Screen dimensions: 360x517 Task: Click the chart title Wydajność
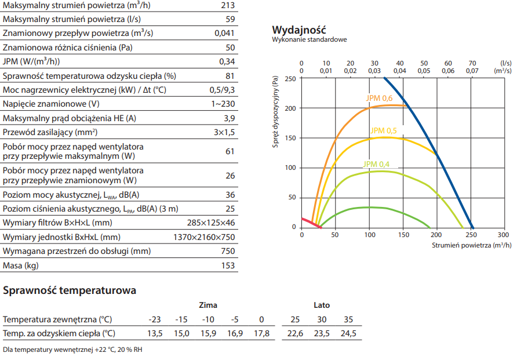[299, 30]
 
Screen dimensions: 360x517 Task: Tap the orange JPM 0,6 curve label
[380, 98]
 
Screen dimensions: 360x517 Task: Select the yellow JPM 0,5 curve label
[384, 131]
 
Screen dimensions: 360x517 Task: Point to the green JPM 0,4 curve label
[377, 164]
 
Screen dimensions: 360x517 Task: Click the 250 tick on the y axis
[290, 78]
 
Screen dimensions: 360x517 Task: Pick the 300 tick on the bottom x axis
[503, 235]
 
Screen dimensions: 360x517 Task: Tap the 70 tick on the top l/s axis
[472, 63]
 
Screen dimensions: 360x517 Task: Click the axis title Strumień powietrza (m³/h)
[471, 245]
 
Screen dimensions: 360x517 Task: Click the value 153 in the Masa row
[228, 266]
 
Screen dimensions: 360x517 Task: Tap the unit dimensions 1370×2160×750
[204, 237]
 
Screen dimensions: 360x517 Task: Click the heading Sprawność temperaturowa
[70, 290]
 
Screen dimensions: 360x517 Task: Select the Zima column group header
[208, 305]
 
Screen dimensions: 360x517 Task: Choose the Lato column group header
[322, 305]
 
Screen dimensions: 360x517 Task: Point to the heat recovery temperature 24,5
[348, 333]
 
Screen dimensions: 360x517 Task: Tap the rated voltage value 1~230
[223, 104]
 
